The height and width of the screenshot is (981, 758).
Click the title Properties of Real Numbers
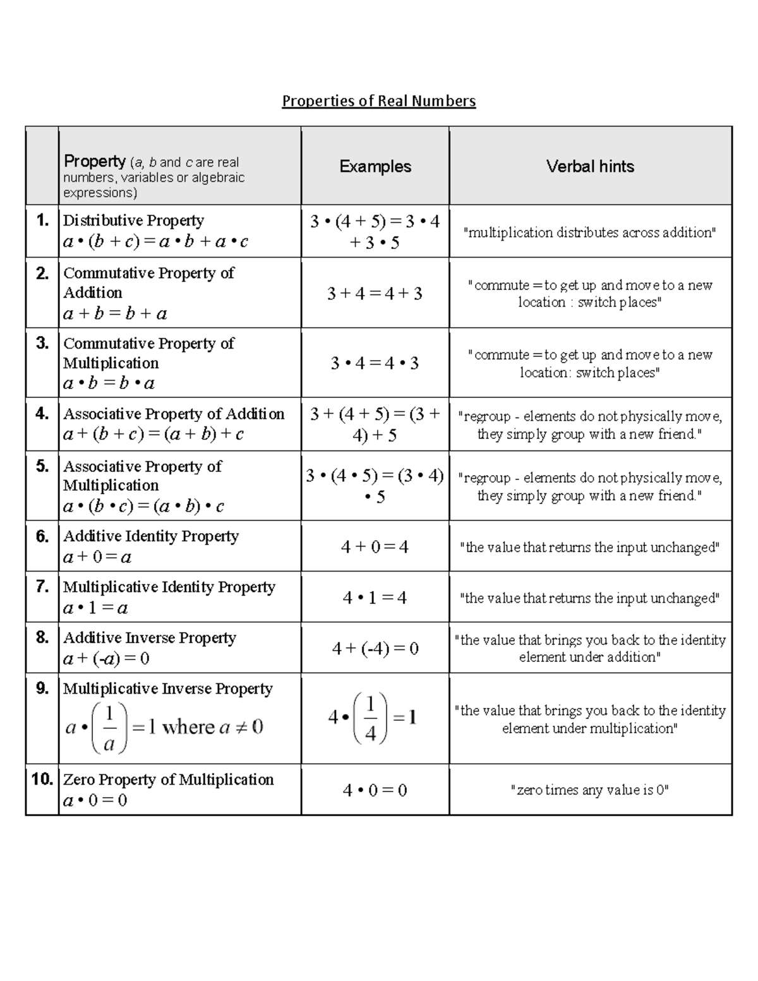click(x=378, y=101)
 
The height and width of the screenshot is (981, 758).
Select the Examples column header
click(x=375, y=166)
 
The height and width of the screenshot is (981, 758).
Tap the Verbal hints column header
click(x=590, y=166)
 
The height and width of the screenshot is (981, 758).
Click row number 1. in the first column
click(x=42, y=220)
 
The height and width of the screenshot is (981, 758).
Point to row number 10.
click(x=42, y=779)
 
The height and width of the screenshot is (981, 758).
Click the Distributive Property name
click(x=133, y=220)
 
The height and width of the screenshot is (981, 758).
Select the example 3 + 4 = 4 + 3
click(x=375, y=293)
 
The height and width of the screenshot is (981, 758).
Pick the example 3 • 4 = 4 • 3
click(x=375, y=363)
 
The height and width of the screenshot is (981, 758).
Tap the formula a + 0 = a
click(x=97, y=557)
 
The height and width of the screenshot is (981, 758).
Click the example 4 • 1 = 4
click(x=375, y=598)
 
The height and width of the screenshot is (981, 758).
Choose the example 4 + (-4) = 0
click(x=375, y=648)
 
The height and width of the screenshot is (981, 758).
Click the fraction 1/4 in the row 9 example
click(x=371, y=718)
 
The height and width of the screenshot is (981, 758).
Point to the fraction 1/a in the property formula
click(x=109, y=728)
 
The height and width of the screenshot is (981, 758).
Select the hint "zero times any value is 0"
click(x=589, y=790)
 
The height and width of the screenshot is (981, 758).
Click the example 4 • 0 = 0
click(x=375, y=790)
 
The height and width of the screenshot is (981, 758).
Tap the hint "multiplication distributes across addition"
click(x=590, y=232)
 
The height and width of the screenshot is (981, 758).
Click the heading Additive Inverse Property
click(x=150, y=638)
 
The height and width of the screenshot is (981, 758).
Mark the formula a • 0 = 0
click(x=95, y=800)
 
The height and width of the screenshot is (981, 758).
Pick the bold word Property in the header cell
click(x=95, y=162)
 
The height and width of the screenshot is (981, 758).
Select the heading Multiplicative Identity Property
click(x=169, y=587)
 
